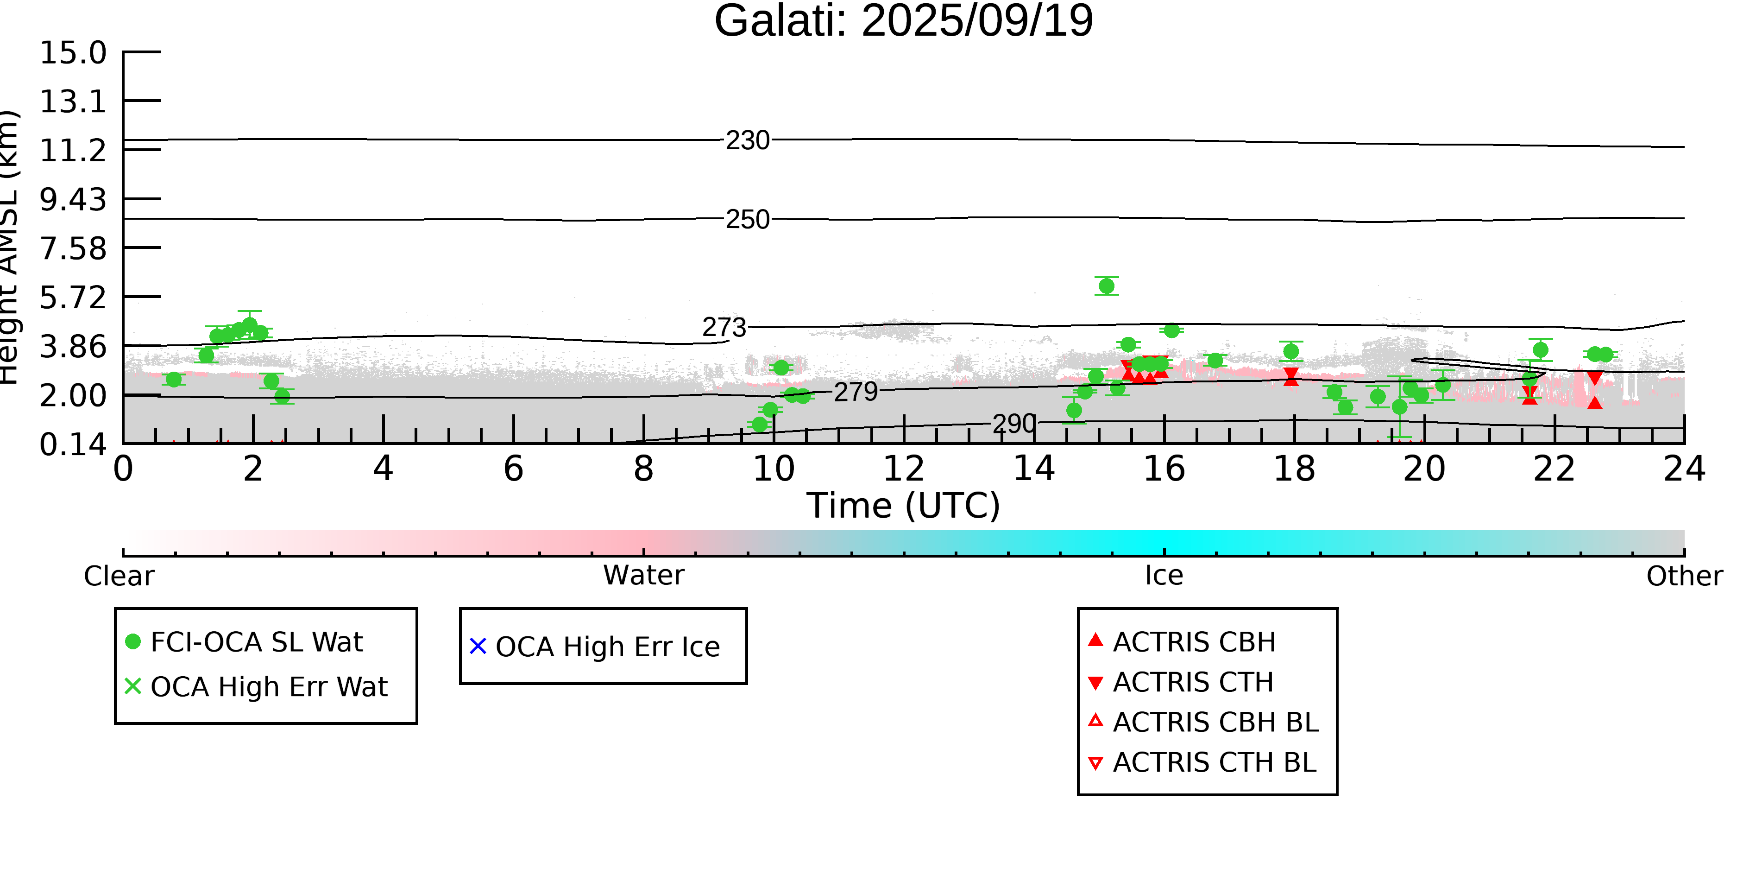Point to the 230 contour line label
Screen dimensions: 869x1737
tap(747, 140)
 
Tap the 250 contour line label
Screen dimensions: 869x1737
tap(747, 219)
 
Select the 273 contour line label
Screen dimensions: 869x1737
tap(724, 327)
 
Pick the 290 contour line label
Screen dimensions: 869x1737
tap(1013, 424)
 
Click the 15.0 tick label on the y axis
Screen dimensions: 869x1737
tap(73, 53)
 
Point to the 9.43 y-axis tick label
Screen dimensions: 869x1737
tap(73, 200)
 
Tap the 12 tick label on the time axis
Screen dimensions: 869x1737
tap(904, 469)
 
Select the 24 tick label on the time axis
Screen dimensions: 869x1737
tap(1684, 469)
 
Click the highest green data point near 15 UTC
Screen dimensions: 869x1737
tap(1107, 286)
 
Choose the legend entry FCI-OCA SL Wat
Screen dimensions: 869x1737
tap(256, 641)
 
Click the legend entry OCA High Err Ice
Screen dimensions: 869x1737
tap(607, 647)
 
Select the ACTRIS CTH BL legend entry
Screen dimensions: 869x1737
tap(1214, 762)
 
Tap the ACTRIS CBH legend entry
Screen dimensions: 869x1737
tap(1194, 641)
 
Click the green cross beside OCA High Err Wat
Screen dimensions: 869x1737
tap(133, 686)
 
